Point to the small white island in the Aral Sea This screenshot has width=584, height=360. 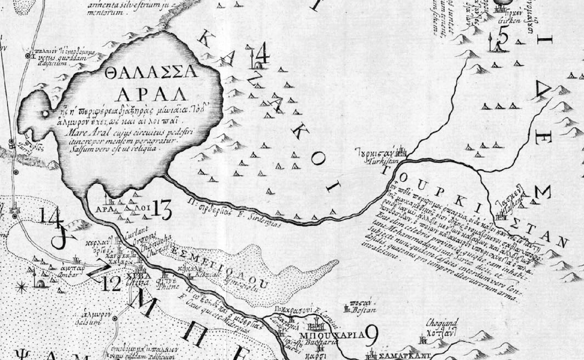(45, 114)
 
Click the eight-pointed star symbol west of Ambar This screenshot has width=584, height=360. (21, 287)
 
